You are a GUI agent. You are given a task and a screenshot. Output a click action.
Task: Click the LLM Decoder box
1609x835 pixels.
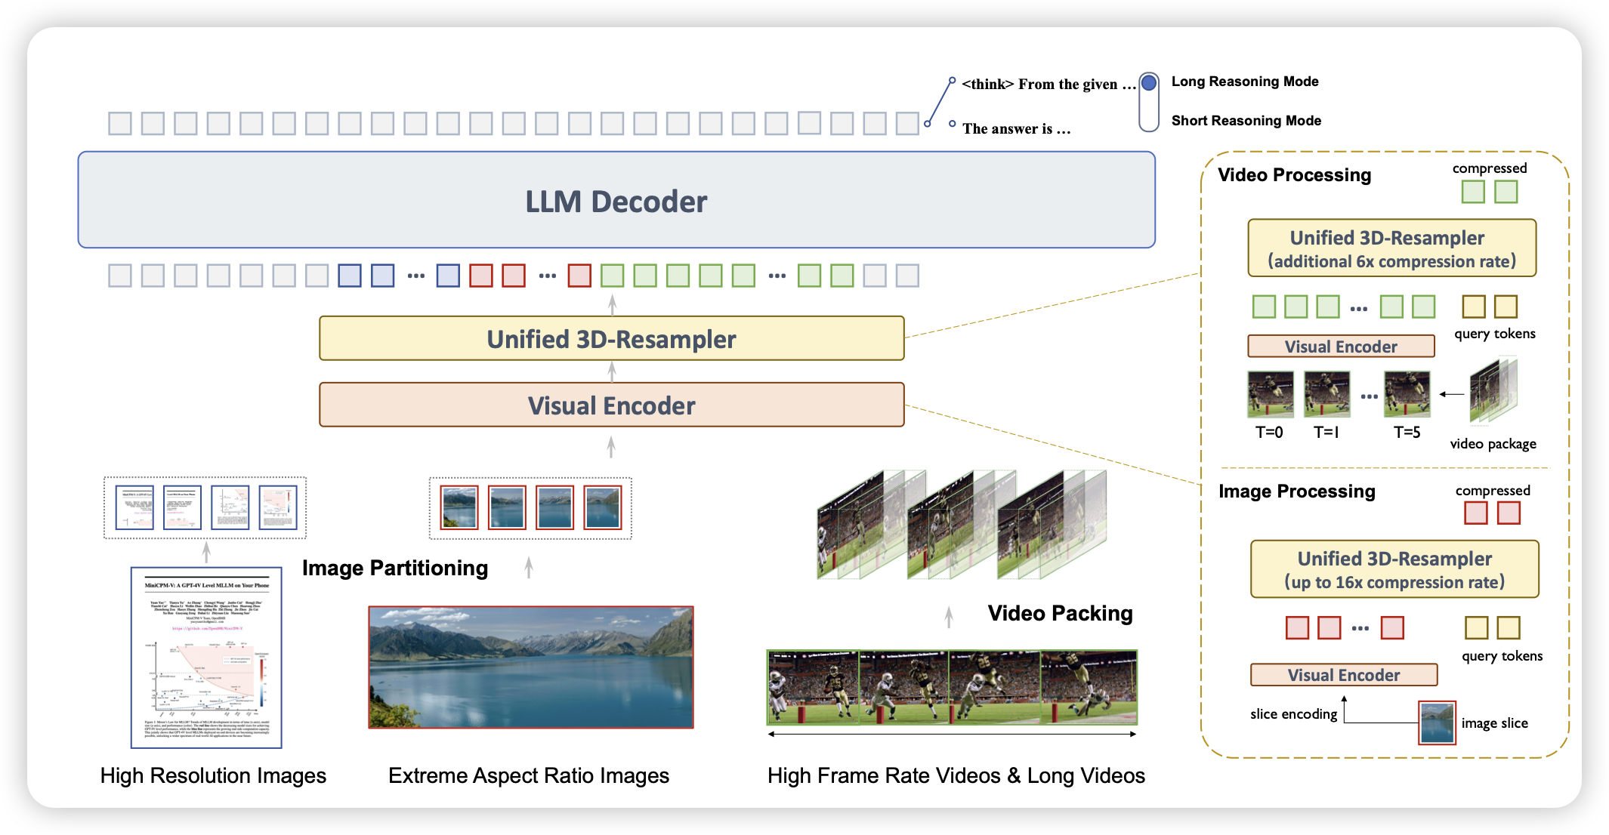(x=616, y=200)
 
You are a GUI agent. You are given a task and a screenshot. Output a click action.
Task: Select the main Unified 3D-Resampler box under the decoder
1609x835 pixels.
(x=611, y=339)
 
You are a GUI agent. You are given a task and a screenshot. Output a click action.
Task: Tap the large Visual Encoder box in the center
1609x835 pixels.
(x=611, y=405)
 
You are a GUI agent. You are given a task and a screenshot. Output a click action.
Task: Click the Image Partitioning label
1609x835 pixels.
(x=395, y=568)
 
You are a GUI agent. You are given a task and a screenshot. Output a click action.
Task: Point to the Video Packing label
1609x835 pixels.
(x=1060, y=613)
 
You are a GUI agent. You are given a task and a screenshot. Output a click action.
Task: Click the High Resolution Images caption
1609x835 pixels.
(x=213, y=775)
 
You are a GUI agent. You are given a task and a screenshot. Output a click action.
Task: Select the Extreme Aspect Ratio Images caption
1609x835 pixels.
(x=529, y=775)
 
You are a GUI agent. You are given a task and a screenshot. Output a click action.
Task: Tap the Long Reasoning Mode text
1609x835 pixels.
(x=1245, y=82)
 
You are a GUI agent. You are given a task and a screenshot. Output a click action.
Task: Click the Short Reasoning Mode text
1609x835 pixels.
(x=1246, y=121)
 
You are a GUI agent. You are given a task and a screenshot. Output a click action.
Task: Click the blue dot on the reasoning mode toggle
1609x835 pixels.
(x=1149, y=82)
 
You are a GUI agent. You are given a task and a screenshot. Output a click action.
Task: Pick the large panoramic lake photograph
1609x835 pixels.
(x=531, y=667)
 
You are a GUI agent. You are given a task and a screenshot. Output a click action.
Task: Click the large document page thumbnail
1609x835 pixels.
(x=206, y=658)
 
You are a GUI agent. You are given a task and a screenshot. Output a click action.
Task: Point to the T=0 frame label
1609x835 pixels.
(x=1269, y=433)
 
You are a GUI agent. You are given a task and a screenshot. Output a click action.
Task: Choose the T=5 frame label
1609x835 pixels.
(x=1407, y=433)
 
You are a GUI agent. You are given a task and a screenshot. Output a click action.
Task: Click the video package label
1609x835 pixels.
(x=1493, y=444)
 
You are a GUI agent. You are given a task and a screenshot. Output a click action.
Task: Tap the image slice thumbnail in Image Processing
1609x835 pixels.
(x=1437, y=723)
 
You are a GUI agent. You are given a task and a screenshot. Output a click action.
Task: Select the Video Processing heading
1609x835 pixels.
(x=1294, y=175)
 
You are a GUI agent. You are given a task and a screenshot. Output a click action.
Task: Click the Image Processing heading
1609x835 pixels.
(x=1297, y=491)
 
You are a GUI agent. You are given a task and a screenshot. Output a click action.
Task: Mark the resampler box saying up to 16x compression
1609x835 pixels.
(x=1394, y=569)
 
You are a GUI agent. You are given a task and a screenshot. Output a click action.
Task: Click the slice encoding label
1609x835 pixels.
(x=1293, y=714)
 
